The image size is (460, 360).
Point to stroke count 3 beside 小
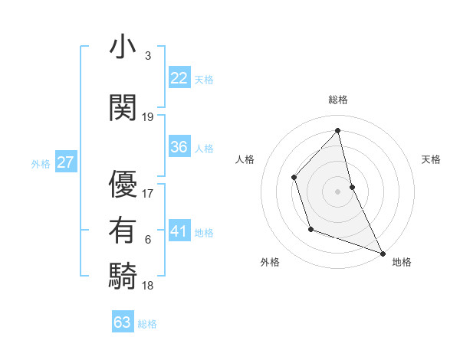tap(148, 56)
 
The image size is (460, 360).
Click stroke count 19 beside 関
tap(148, 117)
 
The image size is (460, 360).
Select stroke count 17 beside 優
tap(148, 194)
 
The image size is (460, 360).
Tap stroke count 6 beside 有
tap(148, 240)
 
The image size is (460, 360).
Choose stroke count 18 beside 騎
tap(148, 286)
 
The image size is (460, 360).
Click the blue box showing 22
tap(179, 78)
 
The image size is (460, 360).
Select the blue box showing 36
tap(179, 147)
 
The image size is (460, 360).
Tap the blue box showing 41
tap(179, 231)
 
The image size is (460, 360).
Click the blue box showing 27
tap(65, 162)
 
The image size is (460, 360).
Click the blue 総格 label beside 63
tap(147, 324)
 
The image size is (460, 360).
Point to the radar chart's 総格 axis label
tap(338, 100)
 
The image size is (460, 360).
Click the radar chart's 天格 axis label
tap(431, 159)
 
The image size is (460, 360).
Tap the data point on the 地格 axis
tap(383, 252)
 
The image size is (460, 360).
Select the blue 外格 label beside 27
tap(41, 163)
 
